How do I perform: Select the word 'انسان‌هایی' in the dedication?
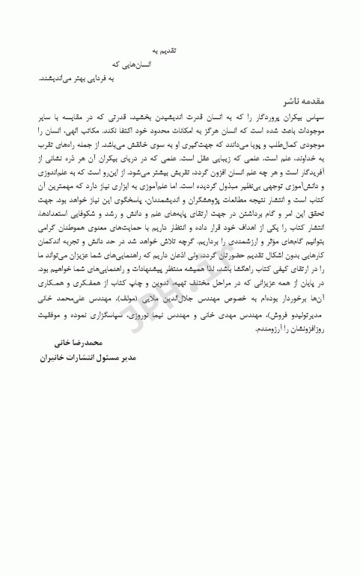(139, 64)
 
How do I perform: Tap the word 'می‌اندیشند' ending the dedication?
(55, 78)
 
